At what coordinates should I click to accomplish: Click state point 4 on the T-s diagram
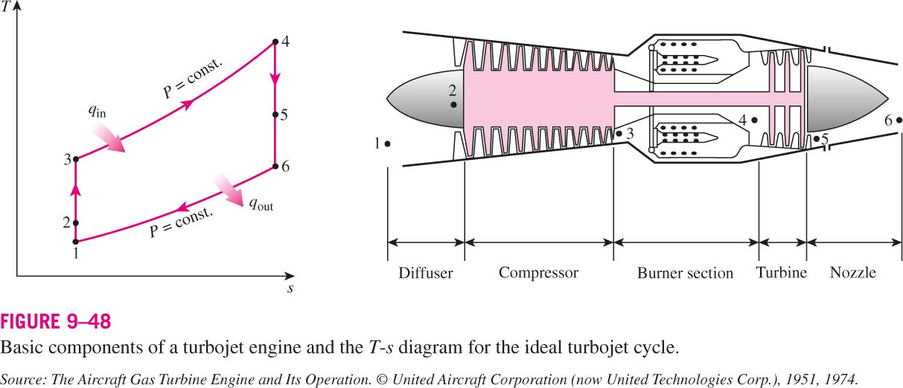point(275,42)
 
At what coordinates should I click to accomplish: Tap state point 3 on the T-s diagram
point(76,159)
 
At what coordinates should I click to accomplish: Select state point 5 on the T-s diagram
point(275,114)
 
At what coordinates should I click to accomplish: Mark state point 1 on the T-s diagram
point(75,242)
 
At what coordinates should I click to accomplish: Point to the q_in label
point(98,111)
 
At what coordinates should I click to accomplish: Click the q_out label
point(261,204)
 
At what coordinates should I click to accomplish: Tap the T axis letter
point(6,7)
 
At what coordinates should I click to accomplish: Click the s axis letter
point(290,288)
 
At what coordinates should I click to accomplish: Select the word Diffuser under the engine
point(426,273)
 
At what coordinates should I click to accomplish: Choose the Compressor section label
point(538,273)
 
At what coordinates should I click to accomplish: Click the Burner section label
point(685,273)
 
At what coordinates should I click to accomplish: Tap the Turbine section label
point(781,273)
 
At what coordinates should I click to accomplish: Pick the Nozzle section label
point(852,273)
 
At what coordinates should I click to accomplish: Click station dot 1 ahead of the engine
point(387,143)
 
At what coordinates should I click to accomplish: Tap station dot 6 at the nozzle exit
point(899,120)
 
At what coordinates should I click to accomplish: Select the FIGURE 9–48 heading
point(56,322)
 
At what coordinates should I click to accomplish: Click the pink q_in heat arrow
point(108,138)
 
